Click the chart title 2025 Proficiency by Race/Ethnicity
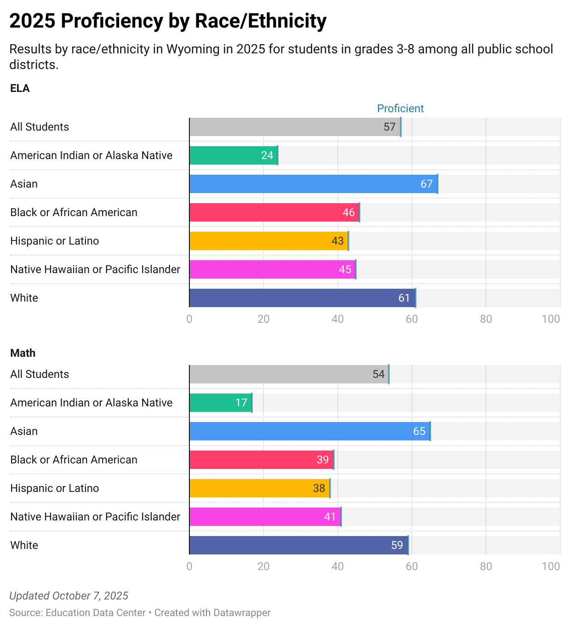(168, 21)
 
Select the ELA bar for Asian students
(313, 184)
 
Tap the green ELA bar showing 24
(233, 155)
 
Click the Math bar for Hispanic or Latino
(259, 488)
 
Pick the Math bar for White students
(298, 545)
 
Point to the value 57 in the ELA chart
(389, 127)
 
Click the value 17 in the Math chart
(241, 403)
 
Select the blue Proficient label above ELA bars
(400, 108)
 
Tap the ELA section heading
(20, 88)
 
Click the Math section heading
(23, 353)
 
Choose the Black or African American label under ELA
(74, 212)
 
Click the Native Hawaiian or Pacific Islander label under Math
(95, 517)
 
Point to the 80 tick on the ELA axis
(486, 319)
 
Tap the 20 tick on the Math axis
(263, 566)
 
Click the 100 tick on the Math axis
(551, 566)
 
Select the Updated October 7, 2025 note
(69, 596)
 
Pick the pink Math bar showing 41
(265, 517)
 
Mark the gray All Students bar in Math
(289, 374)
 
